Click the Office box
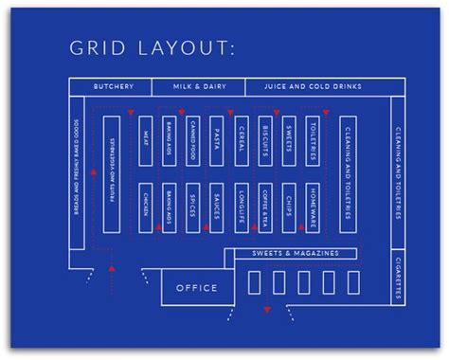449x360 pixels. pos(197,287)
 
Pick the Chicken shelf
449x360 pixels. pos(146,207)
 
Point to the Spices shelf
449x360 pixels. pos(193,207)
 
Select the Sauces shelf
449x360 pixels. pos(217,207)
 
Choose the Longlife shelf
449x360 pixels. pos(242,207)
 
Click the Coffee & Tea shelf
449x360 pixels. pos(265,207)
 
